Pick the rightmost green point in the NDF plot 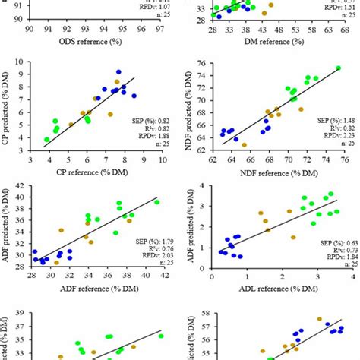tap(338, 68)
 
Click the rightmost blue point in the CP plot tap(134, 96)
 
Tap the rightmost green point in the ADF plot tap(157, 202)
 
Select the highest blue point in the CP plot tap(119, 72)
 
